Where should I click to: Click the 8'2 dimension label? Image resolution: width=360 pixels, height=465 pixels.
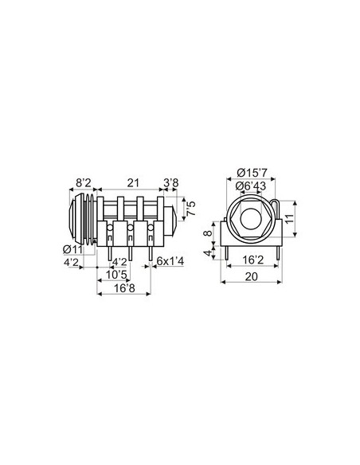[83, 182]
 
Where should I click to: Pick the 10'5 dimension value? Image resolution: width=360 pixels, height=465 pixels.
[117, 275]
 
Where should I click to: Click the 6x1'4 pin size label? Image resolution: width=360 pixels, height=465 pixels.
[169, 261]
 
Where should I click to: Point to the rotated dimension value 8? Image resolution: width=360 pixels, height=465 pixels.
[209, 235]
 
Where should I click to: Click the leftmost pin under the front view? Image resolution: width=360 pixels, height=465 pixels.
[229, 252]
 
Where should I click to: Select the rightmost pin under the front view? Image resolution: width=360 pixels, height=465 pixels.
[275, 252]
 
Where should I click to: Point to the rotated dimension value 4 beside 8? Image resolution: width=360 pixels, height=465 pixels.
[209, 253]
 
